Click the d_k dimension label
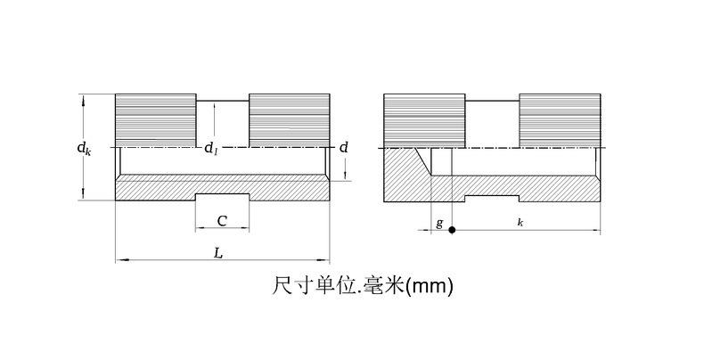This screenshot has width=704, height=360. point(82,148)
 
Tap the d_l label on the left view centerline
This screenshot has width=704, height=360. point(210,149)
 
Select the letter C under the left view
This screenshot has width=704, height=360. point(221,220)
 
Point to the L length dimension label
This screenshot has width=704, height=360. point(218,253)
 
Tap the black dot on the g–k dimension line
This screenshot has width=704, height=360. point(452,231)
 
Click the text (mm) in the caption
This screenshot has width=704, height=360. point(430,286)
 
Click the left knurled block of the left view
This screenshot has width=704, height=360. point(156,119)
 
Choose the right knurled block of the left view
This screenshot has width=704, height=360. point(289,119)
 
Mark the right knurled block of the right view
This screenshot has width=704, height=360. point(559,119)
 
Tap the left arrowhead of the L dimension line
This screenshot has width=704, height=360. point(119,260)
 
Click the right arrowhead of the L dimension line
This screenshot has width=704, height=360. point(326,260)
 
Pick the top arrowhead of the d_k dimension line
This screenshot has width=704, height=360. point(83,97)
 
